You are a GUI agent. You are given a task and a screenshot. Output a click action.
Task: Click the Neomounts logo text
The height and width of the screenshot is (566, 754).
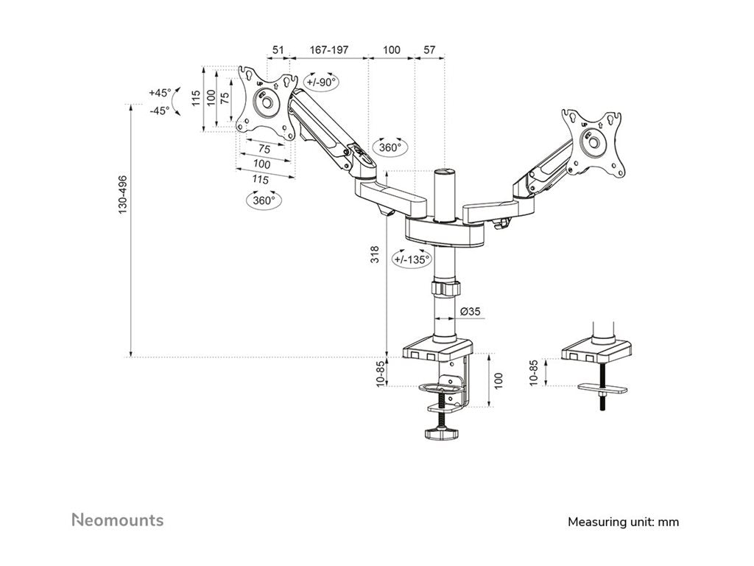tap(118, 520)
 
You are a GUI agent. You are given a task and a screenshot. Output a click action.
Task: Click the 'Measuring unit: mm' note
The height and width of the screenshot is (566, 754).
tap(623, 522)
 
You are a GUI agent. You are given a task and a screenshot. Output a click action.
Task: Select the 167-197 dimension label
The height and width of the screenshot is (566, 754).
tap(328, 49)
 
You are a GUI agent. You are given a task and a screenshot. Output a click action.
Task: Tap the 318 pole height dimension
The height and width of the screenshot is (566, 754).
tap(375, 255)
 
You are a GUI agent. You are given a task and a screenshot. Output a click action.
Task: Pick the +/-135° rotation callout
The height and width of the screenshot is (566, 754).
tap(412, 259)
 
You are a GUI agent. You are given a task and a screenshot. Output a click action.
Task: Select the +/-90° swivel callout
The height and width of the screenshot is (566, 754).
tap(321, 82)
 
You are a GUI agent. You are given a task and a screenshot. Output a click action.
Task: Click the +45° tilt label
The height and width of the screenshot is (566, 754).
tap(159, 93)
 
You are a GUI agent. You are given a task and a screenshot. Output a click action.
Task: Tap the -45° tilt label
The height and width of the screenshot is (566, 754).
tap(159, 111)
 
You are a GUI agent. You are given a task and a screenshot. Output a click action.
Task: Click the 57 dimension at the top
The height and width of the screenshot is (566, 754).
tap(430, 49)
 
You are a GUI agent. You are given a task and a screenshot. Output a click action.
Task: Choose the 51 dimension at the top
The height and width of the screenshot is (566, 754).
tap(278, 49)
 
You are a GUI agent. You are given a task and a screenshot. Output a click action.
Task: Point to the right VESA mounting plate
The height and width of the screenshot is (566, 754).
tap(593, 143)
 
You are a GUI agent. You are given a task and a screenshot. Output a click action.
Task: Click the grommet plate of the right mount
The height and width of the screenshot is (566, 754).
tap(603, 387)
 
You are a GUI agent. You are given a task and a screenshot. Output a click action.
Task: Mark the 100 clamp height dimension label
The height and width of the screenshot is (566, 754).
tap(498, 380)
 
